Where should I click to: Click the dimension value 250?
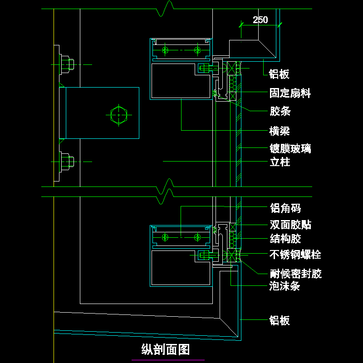(260, 20)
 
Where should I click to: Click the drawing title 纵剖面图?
(166, 350)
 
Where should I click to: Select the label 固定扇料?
(290, 93)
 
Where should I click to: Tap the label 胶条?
(280, 111)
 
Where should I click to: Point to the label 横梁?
(280, 132)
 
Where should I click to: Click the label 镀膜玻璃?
(290, 148)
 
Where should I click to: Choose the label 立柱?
(280, 162)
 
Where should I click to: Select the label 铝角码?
(285, 208)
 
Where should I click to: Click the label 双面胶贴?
(290, 225)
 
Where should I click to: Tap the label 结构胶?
(285, 239)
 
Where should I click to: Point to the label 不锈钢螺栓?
(295, 255)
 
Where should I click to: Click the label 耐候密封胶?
(295, 274)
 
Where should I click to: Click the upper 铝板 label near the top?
(279, 74)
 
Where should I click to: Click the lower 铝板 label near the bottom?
(279, 321)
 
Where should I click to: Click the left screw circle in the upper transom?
(166, 49)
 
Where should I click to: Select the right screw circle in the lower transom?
(197, 236)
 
